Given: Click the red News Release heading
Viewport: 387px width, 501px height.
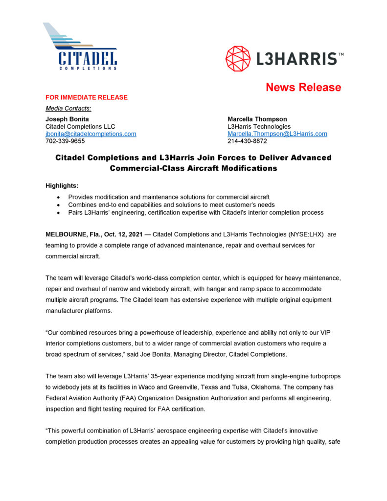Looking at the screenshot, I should pos(303,88).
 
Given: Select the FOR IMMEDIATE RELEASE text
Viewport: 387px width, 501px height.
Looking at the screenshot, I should pos(87,97).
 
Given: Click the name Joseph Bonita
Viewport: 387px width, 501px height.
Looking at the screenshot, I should pos(67,119).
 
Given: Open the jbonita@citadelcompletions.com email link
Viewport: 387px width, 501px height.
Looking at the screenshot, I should pos(91,134).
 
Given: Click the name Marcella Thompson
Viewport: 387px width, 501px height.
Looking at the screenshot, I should pos(257,119).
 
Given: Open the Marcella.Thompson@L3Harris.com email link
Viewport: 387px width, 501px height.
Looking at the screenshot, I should pos(277,134).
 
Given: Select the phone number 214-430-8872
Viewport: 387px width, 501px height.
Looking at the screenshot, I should pos(247,141).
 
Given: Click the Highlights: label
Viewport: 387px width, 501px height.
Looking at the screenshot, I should pos(62,186).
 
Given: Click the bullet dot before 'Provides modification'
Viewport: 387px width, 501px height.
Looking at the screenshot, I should pos(59,197).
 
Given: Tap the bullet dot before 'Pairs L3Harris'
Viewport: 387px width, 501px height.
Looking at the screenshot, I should pos(59,213).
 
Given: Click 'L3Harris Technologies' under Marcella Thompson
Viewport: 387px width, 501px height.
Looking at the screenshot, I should pos(259,126).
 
